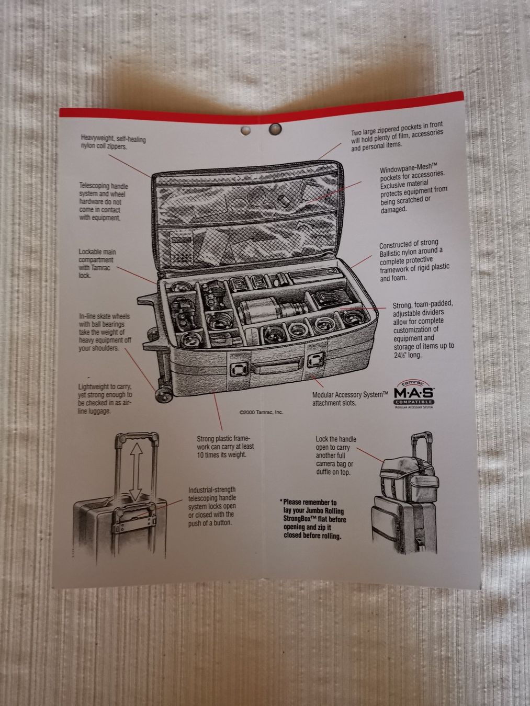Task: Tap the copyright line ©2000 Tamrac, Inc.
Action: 261,412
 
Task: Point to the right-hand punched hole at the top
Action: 275,129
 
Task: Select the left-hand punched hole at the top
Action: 245,130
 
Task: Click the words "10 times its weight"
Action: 221,455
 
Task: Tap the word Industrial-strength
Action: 212,489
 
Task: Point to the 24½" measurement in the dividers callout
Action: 400,356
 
